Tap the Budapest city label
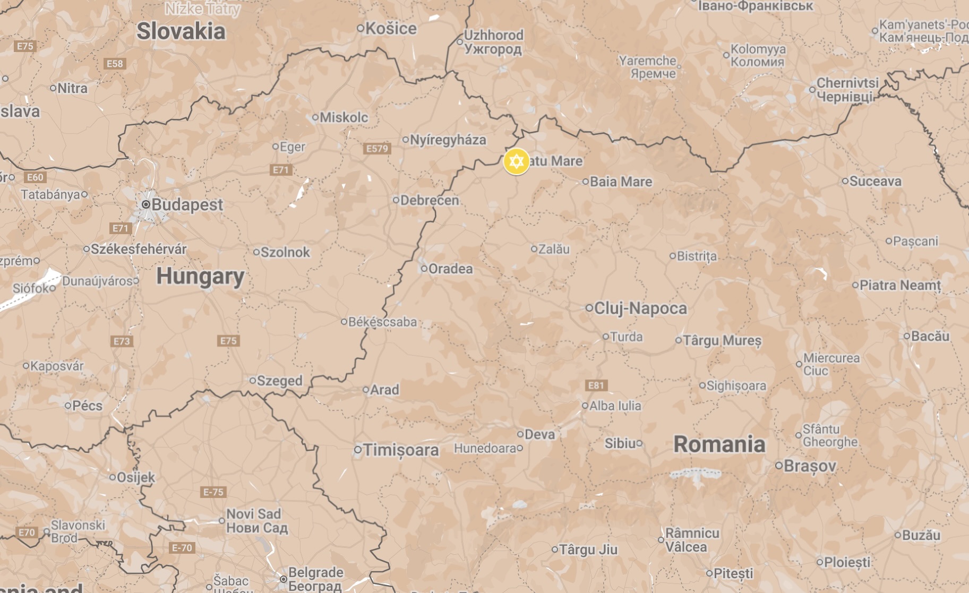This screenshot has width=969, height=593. tap(187, 204)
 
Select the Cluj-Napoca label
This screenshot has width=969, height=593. tap(640, 308)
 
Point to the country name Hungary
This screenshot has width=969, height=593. tap(200, 277)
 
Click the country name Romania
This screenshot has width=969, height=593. tap(719, 444)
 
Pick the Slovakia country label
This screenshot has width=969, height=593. tap(181, 31)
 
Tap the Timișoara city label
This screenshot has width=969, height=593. tap(401, 450)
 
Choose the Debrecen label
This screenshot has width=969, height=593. tap(429, 200)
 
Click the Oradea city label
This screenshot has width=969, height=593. tap(450, 269)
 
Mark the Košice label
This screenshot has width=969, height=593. tap(391, 28)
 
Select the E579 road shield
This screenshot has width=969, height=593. tap(378, 149)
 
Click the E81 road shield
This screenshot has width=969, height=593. tap(596, 385)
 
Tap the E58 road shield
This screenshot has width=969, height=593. tap(115, 64)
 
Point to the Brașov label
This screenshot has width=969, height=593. tap(810, 466)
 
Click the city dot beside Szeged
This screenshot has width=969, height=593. tap(253, 380)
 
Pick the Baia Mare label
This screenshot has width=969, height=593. tap(621, 182)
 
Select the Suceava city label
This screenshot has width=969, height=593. tap(875, 181)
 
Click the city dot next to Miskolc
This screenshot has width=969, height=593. tap(315, 117)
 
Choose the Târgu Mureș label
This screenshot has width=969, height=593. tap(722, 340)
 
